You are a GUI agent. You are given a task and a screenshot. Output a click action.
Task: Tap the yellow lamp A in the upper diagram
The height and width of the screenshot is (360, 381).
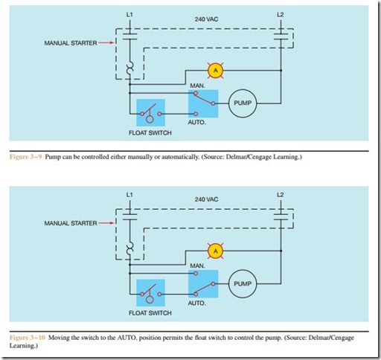tap(215, 71)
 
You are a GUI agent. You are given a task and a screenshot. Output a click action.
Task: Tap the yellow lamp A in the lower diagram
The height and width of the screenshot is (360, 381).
tap(215, 251)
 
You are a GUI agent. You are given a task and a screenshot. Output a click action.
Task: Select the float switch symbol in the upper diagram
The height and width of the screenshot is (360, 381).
tap(150, 114)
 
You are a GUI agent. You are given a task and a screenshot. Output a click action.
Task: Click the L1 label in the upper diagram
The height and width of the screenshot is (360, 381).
tap(129, 15)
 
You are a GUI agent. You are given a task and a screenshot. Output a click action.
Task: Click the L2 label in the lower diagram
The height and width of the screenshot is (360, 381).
tap(280, 195)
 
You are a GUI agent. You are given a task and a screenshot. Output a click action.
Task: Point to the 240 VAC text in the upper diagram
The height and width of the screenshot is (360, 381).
tap(206, 19)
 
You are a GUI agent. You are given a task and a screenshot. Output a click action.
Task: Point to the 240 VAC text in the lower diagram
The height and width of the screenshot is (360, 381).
tap(206, 199)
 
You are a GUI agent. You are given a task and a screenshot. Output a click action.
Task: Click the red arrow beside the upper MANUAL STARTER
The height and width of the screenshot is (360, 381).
tap(106, 42)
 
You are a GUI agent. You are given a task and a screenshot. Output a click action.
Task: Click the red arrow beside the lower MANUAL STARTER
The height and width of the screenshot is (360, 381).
tap(106, 223)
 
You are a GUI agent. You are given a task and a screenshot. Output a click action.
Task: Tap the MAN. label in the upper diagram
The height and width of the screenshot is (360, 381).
tap(197, 86)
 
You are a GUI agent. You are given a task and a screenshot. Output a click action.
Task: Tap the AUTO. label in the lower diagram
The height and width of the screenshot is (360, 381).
tap(196, 303)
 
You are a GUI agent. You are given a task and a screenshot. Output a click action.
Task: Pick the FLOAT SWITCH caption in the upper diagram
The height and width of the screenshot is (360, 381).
tap(150, 133)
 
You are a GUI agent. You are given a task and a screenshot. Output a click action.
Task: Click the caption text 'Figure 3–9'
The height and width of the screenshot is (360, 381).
tap(25, 157)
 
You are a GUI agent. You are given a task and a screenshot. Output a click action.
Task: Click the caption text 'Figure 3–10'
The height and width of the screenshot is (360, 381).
tap(28, 338)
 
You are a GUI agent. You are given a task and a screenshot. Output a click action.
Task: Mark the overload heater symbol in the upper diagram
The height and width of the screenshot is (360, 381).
tap(129, 68)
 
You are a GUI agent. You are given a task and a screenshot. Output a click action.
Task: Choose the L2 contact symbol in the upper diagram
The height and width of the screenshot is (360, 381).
tap(281, 36)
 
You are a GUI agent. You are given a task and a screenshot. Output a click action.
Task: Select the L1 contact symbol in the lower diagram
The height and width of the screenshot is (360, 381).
tap(129, 216)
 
